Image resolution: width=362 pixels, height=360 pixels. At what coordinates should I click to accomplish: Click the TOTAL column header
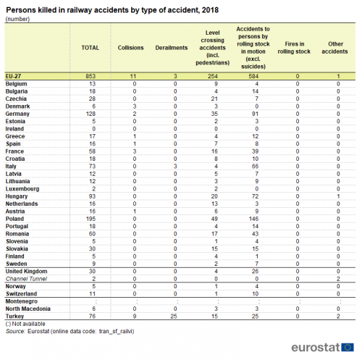pos(90,48)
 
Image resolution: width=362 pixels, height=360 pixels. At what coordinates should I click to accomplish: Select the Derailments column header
pos(172,48)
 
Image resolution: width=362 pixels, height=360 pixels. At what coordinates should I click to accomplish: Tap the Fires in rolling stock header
pos(294,48)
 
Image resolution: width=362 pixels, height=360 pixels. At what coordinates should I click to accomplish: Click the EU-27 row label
pos(13,76)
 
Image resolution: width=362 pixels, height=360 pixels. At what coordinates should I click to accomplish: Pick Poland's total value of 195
pos(90,219)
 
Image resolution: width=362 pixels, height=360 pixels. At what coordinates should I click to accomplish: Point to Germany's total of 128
pos(90,114)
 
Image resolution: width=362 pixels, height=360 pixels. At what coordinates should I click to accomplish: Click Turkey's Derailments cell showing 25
pos(174,316)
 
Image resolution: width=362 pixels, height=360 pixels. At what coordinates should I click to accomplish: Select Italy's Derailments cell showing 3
pos(175,167)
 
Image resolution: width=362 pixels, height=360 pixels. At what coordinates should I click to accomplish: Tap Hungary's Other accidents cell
pos(338,196)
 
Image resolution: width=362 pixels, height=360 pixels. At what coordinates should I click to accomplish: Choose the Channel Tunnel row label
pos(26,279)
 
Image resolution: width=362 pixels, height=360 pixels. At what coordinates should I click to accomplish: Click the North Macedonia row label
pos(28,309)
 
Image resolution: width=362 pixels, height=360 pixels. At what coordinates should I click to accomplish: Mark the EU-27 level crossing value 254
pos(213,76)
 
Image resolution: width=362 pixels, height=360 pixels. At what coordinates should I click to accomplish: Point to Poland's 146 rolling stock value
pos(253,219)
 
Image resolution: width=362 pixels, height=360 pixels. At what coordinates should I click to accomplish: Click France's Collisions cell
pos(135,151)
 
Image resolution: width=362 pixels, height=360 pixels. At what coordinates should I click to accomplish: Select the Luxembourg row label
pos(22,189)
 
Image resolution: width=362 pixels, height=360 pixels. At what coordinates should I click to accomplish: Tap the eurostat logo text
pos(316,348)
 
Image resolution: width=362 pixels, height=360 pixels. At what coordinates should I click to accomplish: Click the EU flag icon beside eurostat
pos(348,348)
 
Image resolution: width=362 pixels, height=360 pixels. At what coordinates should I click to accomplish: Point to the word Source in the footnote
pos(15,331)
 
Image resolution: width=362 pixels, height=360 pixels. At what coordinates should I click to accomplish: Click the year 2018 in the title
pos(210,10)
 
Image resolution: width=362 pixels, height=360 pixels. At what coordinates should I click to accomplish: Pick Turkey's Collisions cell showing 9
pos(135,316)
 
